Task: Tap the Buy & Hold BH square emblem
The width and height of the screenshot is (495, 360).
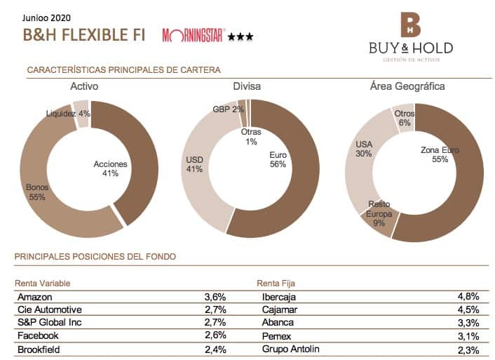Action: [x=410, y=25]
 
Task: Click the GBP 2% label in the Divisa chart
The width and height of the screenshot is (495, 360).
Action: [x=229, y=109]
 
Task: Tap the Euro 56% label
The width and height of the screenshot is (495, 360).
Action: [x=278, y=159]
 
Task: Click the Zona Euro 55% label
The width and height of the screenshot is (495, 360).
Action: [x=440, y=154]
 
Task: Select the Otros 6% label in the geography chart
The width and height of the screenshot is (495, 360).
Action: [x=405, y=117]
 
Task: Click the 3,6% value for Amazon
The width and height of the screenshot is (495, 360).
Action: [x=215, y=296]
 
